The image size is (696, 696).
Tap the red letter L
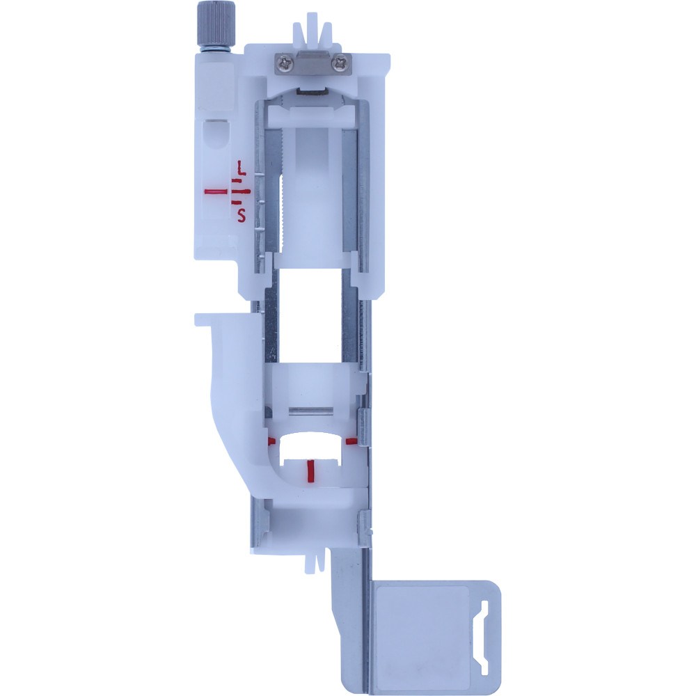click(x=241, y=168)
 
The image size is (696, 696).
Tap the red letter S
click(x=241, y=215)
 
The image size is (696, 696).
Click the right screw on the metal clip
click(x=340, y=63)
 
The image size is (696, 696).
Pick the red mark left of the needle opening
click(x=271, y=441)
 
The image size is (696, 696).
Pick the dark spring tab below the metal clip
click(x=310, y=90)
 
